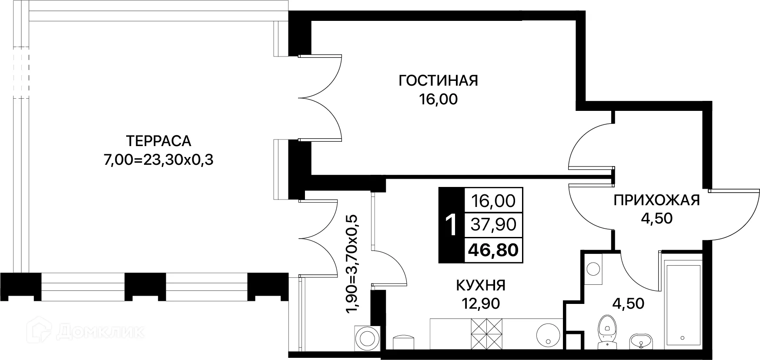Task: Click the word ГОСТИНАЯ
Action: click(x=438, y=81)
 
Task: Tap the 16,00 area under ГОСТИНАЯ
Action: click(x=438, y=100)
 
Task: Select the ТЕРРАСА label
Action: click(x=158, y=141)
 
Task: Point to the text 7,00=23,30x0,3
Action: click(x=158, y=160)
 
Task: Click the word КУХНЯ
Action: click(x=480, y=285)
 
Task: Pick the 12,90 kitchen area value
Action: click(x=480, y=303)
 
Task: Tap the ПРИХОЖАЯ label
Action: click(x=656, y=200)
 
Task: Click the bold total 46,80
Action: click(x=493, y=250)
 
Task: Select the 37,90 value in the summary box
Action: click(x=493, y=225)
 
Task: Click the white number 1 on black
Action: click(x=452, y=225)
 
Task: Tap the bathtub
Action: click(x=682, y=304)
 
